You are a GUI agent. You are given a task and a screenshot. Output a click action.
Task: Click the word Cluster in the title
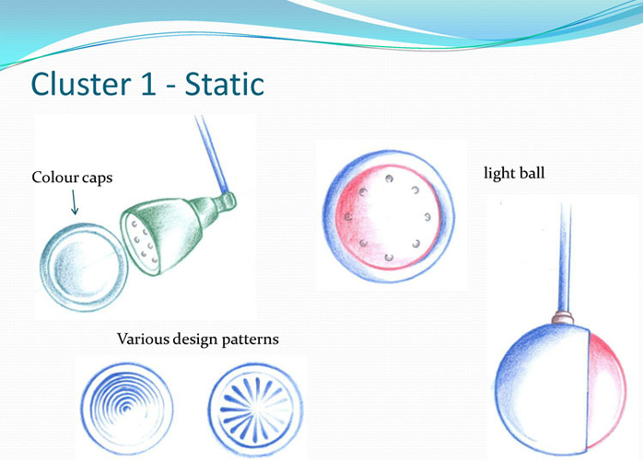tap(81, 84)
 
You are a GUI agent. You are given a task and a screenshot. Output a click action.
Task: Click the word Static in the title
tap(224, 84)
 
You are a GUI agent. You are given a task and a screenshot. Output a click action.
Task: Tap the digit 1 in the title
tap(148, 85)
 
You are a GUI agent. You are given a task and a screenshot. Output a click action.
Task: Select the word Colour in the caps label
tap(55, 178)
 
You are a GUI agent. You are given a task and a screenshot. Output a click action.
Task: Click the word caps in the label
tap(98, 179)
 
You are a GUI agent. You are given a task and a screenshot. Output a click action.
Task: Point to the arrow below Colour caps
tap(75, 202)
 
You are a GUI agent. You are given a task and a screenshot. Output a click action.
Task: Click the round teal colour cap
tap(84, 267)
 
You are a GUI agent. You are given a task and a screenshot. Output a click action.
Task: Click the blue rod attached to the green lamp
tap(212, 154)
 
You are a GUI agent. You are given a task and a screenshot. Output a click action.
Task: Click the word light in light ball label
tap(497, 173)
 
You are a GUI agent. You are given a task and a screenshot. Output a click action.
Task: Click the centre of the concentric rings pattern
tap(126, 408)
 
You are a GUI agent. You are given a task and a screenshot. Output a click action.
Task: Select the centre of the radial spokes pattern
tap(255, 409)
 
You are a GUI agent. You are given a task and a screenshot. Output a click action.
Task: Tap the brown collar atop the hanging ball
tap(562, 317)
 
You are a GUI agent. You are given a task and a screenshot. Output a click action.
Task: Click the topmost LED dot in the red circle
tap(389, 178)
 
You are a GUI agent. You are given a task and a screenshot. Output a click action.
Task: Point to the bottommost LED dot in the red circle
tap(389, 258)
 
